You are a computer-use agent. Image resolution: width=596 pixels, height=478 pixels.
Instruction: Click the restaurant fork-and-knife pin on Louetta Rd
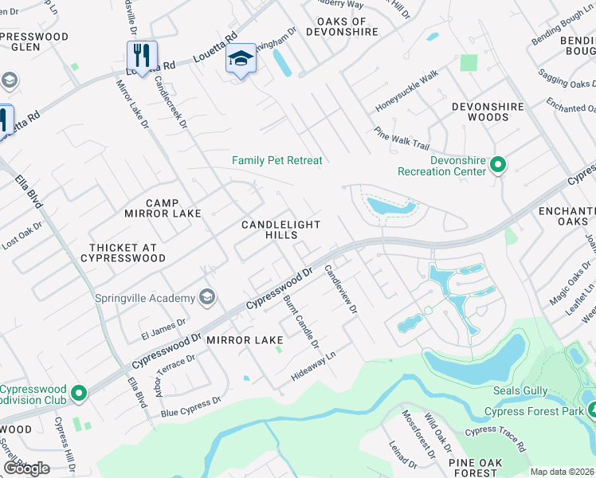pyautogui.click(x=142, y=56)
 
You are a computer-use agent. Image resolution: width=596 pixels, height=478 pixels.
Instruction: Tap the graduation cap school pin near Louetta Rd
pyautogui.click(x=241, y=59)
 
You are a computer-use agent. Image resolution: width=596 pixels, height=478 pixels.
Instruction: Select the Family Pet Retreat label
pyautogui.click(x=277, y=161)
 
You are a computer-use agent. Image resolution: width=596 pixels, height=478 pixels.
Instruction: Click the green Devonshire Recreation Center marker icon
pyautogui.click(x=498, y=165)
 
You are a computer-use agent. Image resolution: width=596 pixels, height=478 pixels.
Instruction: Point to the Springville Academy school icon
pyautogui.click(x=207, y=298)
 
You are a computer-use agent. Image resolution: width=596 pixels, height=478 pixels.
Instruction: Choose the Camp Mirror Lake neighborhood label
pyautogui.click(x=163, y=208)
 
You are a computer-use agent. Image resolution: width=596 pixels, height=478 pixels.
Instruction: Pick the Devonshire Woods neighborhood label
pyautogui.click(x=488, y=112)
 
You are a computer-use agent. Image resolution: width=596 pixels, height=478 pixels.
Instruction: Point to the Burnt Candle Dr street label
pyautogui.click(x=301, y=322)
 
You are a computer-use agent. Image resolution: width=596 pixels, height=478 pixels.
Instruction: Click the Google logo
pyautogui.click(x=26, y=468)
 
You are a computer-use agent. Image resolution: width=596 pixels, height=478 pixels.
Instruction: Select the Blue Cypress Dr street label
pyautogui.click(x=190, y=407)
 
